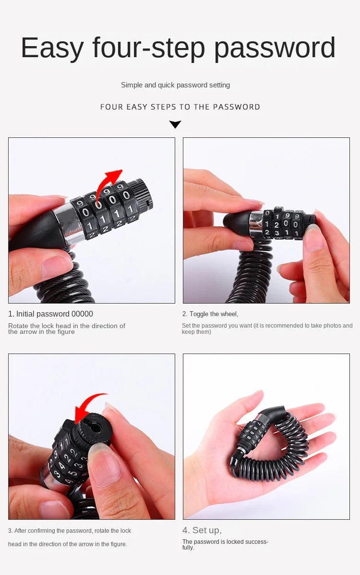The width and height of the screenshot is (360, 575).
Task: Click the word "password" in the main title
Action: [274, 48]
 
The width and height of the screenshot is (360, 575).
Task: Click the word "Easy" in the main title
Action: [52, 48]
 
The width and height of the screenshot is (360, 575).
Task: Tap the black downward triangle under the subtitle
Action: [175, 124]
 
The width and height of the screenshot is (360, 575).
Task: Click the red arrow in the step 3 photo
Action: [89, 406]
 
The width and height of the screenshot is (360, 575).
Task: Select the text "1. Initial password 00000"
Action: [50, 314]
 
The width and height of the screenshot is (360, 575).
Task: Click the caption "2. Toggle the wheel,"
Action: [210, 314]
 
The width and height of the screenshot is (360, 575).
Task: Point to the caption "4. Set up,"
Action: [202, 530]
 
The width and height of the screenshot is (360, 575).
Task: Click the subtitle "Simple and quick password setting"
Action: [175, 85]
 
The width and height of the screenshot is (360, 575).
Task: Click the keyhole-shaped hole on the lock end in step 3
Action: [93, 425]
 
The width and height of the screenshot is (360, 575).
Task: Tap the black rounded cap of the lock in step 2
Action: [239, 222]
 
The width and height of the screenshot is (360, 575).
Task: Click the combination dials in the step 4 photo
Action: [254, 432]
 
